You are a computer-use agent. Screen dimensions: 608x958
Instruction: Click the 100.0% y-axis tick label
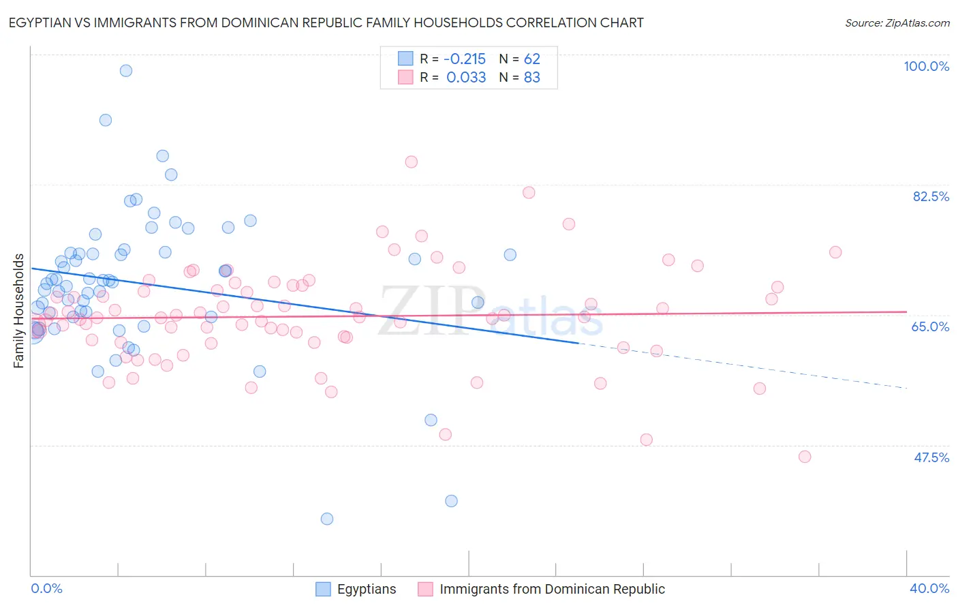pos(926,66)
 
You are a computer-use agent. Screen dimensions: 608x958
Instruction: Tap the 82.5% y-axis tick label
pos(931,196)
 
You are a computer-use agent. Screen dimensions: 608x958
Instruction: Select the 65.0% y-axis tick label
pos(930,326)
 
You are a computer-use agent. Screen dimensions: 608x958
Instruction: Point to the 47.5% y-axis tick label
pos(931,457)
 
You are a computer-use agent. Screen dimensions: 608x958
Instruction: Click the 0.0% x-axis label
pos(46,588)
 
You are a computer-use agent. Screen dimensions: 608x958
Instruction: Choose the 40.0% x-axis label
pos(929,588)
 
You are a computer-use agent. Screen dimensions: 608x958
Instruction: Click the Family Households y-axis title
pos(19,311)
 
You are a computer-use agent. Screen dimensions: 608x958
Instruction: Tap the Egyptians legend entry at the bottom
pos(366,589)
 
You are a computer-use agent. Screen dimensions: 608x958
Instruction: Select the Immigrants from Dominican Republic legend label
pos(552,589)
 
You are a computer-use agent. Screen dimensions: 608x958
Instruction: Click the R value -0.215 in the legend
pos(465,59)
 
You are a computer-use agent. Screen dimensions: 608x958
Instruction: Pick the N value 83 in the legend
pos(531,78)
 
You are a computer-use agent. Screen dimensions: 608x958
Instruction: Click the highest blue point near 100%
pos(126,71)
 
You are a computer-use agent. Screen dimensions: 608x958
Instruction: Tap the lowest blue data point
pos(327,519)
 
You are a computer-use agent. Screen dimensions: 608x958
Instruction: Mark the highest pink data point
pos(411,162)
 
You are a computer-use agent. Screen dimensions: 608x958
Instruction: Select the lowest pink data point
pos(805,457)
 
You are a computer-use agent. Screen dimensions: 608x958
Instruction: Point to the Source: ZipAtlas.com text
pos(897,23)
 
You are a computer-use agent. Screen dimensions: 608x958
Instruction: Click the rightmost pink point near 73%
pos(835,252)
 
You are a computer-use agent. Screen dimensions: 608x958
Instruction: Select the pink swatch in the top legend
pos(405,78)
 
